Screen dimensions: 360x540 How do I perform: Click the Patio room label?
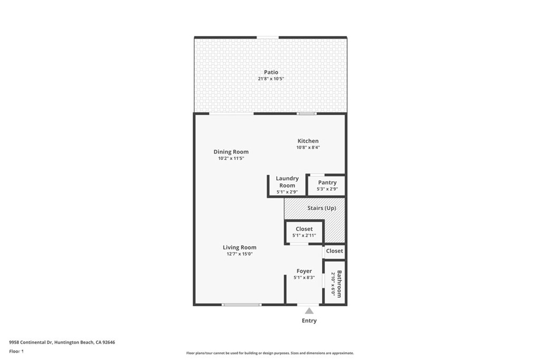(x=271, y=72)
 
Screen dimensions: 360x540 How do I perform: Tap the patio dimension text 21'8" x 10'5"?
(x=271, y=79)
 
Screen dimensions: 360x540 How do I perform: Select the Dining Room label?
(x=231, y=152)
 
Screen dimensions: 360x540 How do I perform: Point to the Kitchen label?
(x=308, y=141)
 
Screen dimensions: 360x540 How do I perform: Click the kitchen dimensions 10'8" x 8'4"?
(x=308, y=148)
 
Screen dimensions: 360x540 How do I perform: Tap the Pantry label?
(x=327, y=182)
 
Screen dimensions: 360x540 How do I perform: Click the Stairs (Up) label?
(x=322, y=208)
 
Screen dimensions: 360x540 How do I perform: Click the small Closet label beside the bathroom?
(x=334, y=251)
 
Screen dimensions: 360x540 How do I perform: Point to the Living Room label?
(x=239, y=247)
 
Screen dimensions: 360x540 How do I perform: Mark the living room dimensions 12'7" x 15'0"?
(x=239, y=254)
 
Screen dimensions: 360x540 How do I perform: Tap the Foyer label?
(x=304, y=271)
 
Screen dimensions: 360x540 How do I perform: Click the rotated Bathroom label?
(x=339, y=284)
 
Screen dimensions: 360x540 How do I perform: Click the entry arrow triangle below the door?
(x=309, y=312)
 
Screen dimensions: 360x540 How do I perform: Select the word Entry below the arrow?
(x=309, y=320)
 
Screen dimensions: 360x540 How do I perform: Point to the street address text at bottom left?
(x=62, y=342)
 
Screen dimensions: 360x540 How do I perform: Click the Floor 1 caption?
(x=16, y=351)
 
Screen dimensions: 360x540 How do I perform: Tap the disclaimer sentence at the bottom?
(x=270, y=353)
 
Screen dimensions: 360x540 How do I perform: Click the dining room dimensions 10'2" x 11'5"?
(x=231, y=158)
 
